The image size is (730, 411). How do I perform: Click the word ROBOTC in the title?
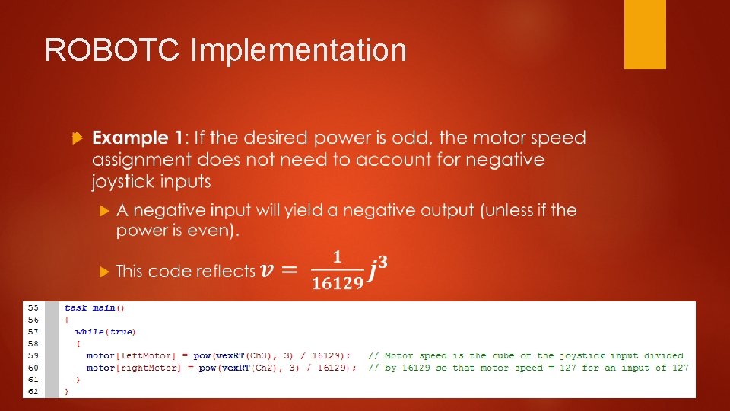point(112,51)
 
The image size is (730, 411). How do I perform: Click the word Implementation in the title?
point(298,51)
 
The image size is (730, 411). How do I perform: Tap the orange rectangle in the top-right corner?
point(645,34)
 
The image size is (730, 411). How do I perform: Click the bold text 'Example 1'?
point(137,139)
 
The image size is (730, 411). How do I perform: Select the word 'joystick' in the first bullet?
point(125,182)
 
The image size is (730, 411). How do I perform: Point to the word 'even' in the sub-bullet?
point(203,231)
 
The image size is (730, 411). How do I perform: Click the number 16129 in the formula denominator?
point(337,284)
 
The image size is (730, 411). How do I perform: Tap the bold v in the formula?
point(267,270)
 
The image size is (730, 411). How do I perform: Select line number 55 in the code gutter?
point(33,307)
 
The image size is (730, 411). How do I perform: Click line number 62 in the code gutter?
point(33,391)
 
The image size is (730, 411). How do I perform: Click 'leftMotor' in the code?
point(142,355)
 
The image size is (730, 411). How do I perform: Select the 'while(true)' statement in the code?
point(105,331)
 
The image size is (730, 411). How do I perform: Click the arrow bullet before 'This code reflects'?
point(105,271)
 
